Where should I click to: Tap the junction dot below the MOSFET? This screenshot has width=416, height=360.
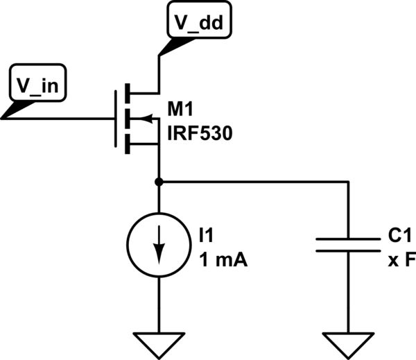(x=159, y=182)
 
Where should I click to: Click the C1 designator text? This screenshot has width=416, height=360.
(x=399, y=237)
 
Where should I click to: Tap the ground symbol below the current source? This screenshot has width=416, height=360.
(x=159, y=341)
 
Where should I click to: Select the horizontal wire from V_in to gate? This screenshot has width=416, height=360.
(x=62, y=119)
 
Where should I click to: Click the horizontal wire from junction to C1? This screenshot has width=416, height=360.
(x=257, y=182)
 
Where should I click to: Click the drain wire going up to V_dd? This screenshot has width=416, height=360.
(x=159, y=73)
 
